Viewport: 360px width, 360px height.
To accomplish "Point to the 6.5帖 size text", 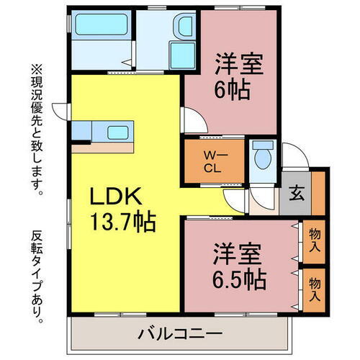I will pyautogui.click(x=239, y=277).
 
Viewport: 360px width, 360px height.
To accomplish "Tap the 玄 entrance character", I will pyautogui.click(x=297, y=193).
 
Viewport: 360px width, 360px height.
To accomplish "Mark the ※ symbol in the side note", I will pyautogui.click(x=34, y=69).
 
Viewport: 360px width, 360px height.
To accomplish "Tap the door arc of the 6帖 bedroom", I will pyautogui.click(x=191, y=117).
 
